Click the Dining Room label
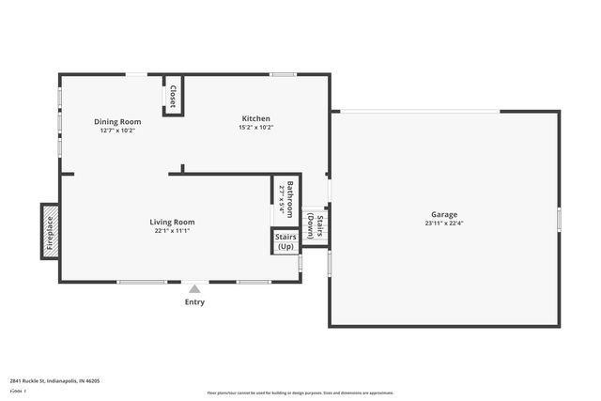click(117, 121)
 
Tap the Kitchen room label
click(256, 118)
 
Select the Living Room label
click(173, 222)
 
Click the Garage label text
click(445, 214)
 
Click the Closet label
click(174, 96)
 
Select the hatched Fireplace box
click(50, 231)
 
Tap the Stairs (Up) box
click(285, 241)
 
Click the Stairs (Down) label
click(316, 227)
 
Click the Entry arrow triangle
click(194, 289)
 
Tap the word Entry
click(194, 301)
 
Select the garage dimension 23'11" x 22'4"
click(445, 224)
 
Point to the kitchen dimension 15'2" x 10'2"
click(256, 128)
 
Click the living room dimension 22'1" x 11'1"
click(173, 231)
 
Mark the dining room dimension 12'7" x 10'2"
click(117, 131)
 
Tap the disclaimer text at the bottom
click(300, 393)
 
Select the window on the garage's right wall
click(559, 219)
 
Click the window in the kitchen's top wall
click(284, 74)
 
